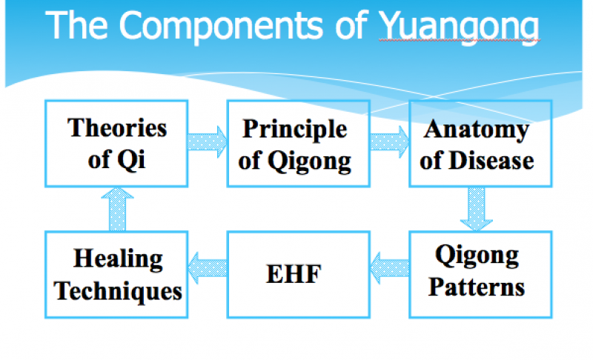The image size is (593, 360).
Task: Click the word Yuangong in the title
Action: click(460, 27)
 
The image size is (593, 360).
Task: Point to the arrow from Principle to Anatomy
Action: click(389, 141)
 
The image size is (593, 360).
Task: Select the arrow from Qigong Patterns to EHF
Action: click(389, 265)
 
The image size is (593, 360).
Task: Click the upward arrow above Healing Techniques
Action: click(119, 208)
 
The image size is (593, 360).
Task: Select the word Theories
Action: click(118, 128)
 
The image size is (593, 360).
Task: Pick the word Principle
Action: click(295, 129)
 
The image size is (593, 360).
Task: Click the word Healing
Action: click(118, 259)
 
